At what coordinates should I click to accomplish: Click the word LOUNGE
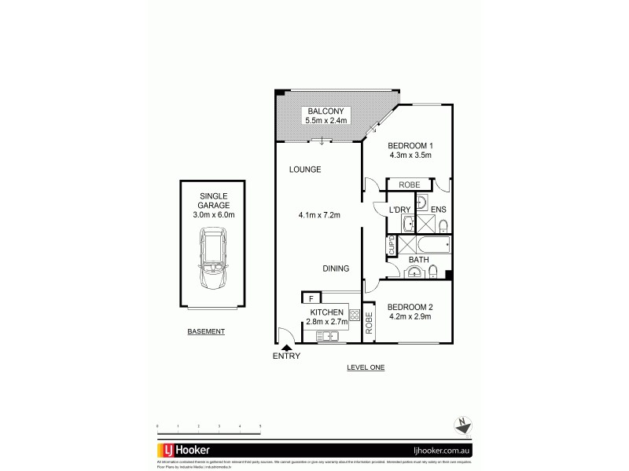pyautogui.click(x=304, y=170)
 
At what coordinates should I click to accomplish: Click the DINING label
pyautogui.click(x=336, y=268)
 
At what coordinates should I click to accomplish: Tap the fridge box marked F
pyautogui.click(x=311, y=298)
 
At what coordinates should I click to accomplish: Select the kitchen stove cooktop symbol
pyautogui.click(x=355, y=315)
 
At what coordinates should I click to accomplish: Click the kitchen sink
pyautogui.click(x=328, y=337)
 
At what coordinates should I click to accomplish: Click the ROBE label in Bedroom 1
pyautogui.click(x=409, y=185)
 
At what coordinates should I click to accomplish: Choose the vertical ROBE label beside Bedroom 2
pyautogui.click(x=368, y=323)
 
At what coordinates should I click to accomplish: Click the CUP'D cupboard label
pyautogui.click(x=391, y=246)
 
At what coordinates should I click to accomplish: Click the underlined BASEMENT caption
pyautogui.click(x=206, y=331)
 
